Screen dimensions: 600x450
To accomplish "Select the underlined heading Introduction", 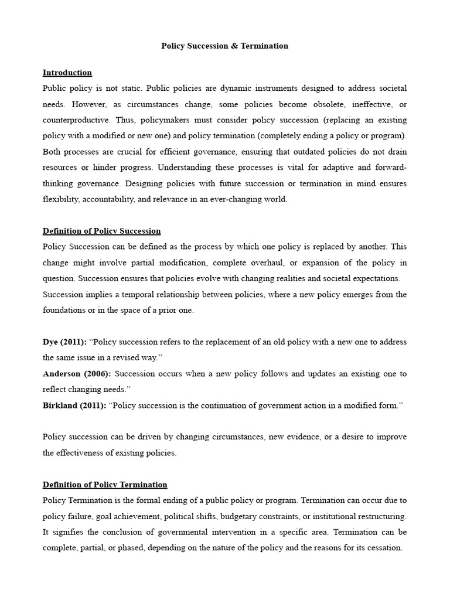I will [67, 73].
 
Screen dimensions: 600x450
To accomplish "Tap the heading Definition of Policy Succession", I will [101, 231].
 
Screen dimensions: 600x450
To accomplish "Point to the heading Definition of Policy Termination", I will [105, 485].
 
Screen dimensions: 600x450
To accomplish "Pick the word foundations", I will [65, 310].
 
